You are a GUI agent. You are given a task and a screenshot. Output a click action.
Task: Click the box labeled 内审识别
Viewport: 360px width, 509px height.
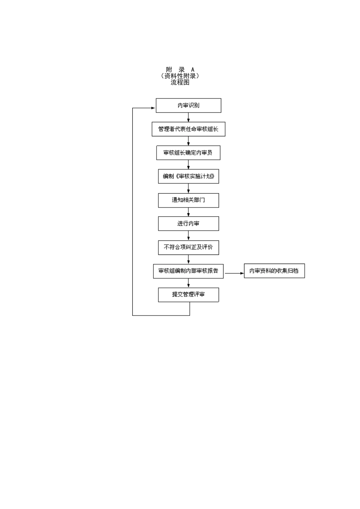(x=188, y=106)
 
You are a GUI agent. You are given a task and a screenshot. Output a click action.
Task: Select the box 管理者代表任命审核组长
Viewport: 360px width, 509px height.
(x=188, y=129)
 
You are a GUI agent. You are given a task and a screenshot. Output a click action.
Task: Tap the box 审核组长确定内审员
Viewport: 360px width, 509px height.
(x=188, y=153)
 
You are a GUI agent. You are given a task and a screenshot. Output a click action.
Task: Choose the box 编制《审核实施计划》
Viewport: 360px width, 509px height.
(x=188, y=176)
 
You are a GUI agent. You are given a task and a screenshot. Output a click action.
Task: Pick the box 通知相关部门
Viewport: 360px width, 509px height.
(x=188, y=200)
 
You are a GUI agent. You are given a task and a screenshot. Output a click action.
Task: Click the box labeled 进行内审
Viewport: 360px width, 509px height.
(x=188, y=224)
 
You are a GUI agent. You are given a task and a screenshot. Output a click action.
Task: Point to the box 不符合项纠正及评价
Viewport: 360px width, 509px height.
(x=188, y=247)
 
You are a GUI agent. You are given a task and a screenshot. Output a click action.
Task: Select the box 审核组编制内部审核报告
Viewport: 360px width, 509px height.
(x=188, y=271)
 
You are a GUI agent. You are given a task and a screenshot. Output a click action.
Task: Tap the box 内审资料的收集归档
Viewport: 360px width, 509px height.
(x=274, y=271)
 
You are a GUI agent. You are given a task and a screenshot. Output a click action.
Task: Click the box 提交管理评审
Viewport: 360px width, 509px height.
(x=188, y=295)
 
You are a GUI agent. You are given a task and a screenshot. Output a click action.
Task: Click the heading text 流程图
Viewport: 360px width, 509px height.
(x=180, y=83)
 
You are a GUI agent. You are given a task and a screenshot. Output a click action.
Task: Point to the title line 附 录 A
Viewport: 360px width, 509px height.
(x=180, y=70)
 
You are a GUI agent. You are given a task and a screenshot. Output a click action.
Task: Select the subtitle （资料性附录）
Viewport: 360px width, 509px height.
(x=180, y=76)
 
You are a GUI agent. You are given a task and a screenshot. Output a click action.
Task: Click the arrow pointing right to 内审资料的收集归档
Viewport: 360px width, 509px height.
(x=235, y=273)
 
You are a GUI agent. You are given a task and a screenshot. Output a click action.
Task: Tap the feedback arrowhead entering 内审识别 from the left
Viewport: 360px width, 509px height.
(x=153, y=108)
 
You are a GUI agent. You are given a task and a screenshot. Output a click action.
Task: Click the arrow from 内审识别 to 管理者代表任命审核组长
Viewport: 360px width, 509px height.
(x=188, y=118)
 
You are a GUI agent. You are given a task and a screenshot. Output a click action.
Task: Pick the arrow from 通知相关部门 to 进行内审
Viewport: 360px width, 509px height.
(x=188, y=212)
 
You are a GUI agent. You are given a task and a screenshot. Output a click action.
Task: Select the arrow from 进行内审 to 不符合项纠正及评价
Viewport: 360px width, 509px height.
(x=188, y=236)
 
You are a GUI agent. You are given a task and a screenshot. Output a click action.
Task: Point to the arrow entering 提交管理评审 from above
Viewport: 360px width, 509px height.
(x=188, y=283)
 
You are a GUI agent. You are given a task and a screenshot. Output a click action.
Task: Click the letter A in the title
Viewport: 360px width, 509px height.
(x=193, y=70)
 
